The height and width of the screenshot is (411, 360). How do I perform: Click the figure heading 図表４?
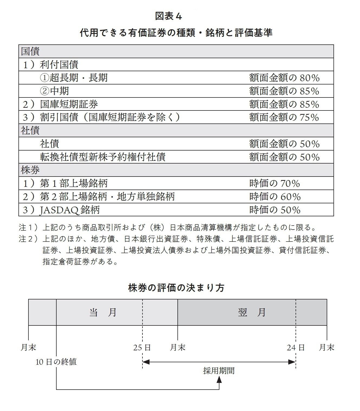pos(168,16)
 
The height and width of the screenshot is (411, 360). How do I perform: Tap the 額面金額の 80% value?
pos(284,78)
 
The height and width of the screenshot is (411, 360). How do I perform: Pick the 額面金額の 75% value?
pos(284,117)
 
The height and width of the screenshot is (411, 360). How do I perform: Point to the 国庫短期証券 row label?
pos(69,104)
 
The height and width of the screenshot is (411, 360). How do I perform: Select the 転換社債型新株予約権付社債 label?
pos(103,157)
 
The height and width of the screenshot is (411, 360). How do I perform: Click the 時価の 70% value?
pos(274,183)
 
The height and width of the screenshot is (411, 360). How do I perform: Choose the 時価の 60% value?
pos(275,197)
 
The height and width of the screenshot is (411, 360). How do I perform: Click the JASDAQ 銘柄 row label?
pos(69,210)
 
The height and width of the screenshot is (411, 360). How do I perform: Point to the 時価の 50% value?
pos(275,210)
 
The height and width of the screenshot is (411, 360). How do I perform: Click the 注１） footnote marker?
pos(28,227)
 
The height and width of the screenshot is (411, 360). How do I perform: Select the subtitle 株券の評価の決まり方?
pos(176,288)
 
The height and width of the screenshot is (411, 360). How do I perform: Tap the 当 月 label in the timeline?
pos(103,312)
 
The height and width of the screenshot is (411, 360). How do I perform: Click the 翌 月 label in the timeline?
pos(252,312)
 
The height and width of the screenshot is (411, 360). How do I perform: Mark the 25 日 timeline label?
pos(142,347)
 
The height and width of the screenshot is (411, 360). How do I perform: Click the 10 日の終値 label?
pos(56,362)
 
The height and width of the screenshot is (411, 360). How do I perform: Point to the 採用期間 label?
pos(219,371)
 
